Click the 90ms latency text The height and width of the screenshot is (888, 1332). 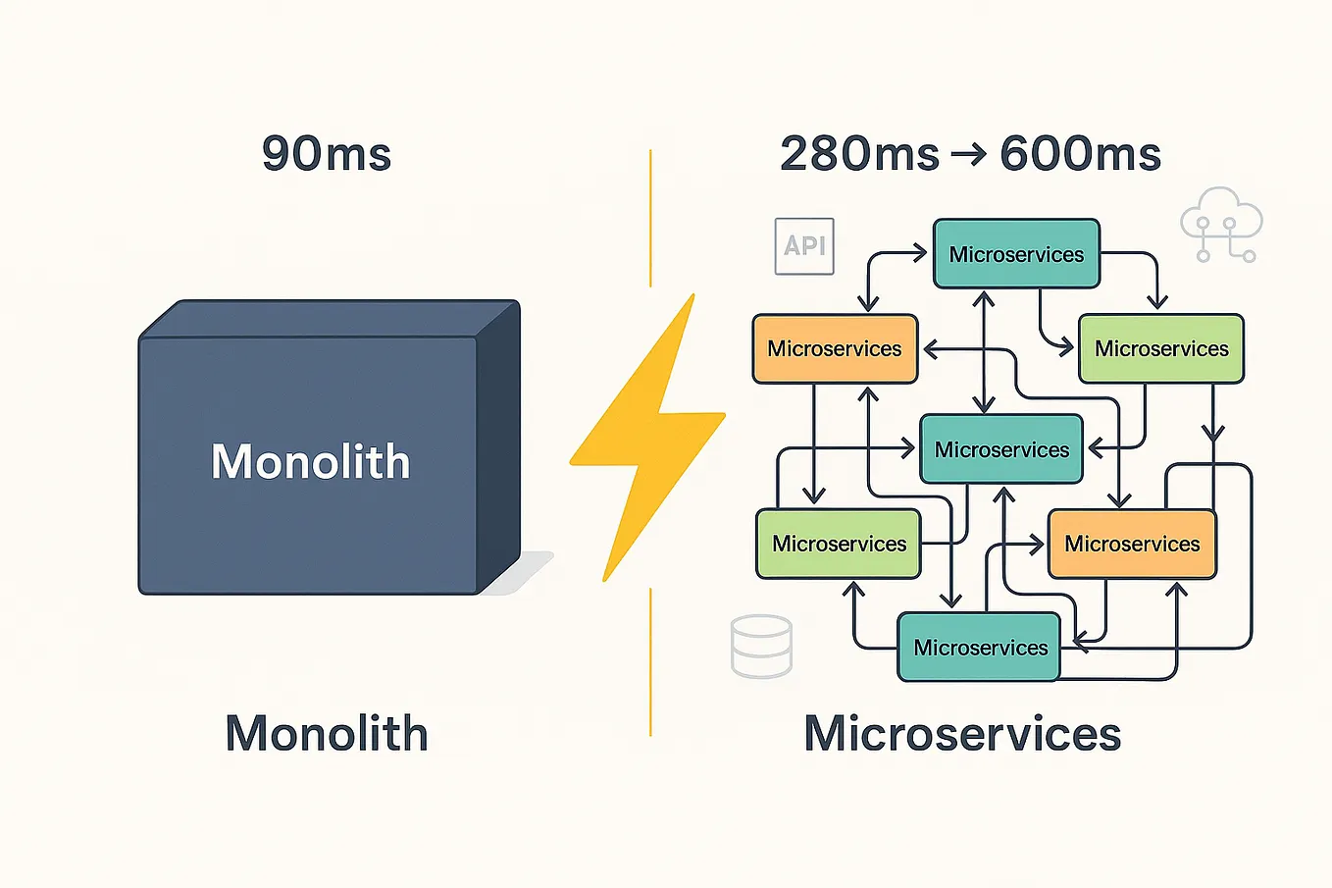point(327,154)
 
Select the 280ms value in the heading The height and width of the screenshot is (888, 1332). point(859,154)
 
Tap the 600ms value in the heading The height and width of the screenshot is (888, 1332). point(1080,154)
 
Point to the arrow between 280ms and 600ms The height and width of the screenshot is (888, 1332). point(969,155)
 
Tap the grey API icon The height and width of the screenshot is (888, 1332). point(804,245)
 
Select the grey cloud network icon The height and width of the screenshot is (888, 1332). point(1221,225)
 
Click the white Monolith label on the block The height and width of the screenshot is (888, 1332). point(311,461)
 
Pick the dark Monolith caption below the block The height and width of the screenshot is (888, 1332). point(327,733)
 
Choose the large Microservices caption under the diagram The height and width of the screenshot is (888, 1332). point(962,733)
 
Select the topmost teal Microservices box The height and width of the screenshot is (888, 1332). point(1016,254)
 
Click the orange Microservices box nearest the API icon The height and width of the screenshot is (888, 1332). point(835,348)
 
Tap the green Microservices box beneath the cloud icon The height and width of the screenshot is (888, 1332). point(1161,348)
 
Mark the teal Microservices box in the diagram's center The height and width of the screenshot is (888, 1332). point(1001,449)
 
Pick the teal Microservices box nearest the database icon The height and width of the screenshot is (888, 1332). point(980,648)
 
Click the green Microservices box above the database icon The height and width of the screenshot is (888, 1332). point(839,544)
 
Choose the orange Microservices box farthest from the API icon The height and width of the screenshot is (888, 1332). point(1132,544)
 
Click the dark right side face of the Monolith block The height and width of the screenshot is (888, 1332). point(498,451)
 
